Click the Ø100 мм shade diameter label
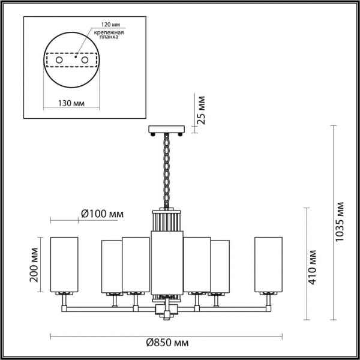102,213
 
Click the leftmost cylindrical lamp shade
64,264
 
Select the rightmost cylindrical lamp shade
268,264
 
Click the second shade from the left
111,267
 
